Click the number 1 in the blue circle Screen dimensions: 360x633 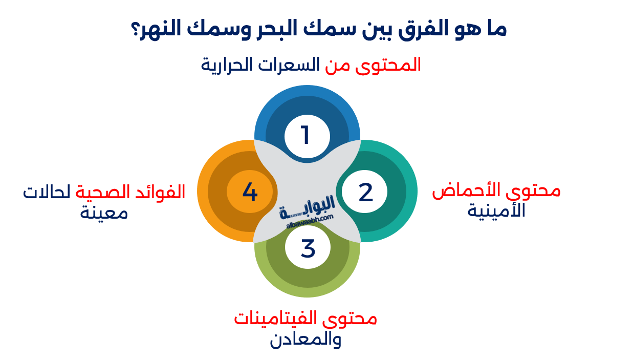pyautogui.click(x=306, y=136)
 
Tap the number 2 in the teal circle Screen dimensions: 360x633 pyautogui.click(x=365, y=192)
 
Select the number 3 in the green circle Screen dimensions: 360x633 pyautogui.click(x=308, y=248)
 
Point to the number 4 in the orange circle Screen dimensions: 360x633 pyautogui.click(x=250, y=192)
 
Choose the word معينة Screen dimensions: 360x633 pyautogui.click(x=103, y=212)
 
